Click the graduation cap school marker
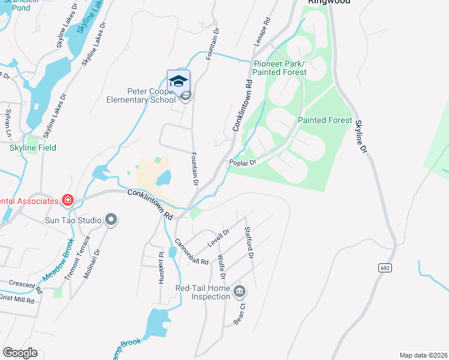tap(178, 81)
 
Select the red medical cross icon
tap(67, 200)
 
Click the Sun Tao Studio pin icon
tap(110, 220)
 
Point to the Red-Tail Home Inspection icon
tap(240, 292)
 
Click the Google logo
tap(20, 353)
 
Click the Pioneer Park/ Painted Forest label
tap(279, 68)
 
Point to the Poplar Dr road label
tap(243, 162)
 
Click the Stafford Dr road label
tap(249, 243)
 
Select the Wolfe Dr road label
tap(221, 266)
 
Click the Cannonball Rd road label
tap(191, 253)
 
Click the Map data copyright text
tap(423, 355)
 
